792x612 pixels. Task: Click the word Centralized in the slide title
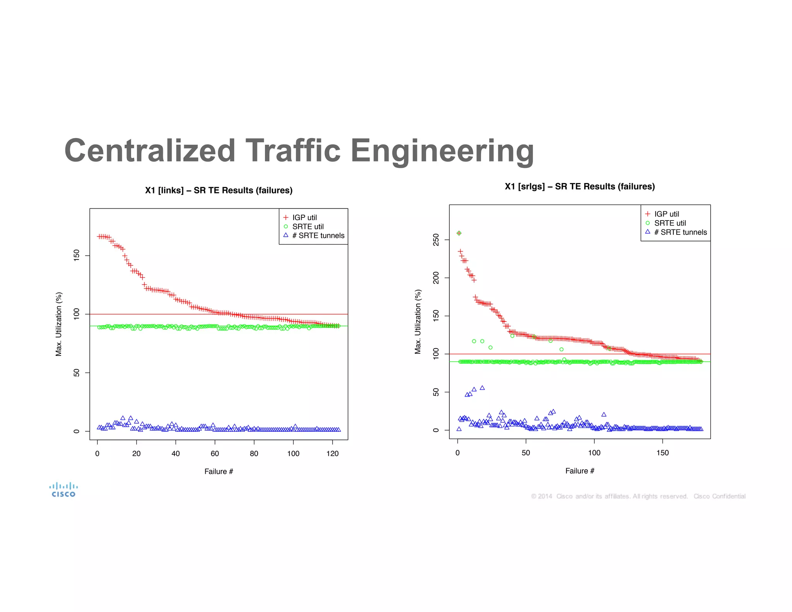150,151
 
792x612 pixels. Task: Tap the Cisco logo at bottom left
63,490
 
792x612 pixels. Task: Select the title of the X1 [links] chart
218,190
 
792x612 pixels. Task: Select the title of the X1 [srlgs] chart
579,186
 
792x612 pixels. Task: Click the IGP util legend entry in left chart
304,217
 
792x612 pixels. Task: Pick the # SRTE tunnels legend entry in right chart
680,232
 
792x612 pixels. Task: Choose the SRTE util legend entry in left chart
307,227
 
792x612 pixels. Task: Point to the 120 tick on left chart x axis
332,453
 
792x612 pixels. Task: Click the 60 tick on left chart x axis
215,453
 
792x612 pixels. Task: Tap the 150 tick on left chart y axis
77,256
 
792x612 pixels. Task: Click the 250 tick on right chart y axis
436,240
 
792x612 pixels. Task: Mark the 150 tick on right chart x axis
662,453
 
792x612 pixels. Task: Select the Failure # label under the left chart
218,471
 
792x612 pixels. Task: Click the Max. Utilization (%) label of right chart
418,322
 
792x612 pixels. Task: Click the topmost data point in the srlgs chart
459,233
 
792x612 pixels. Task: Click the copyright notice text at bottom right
638,496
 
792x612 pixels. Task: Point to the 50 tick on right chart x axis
526,453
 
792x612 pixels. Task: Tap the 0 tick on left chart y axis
77,431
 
